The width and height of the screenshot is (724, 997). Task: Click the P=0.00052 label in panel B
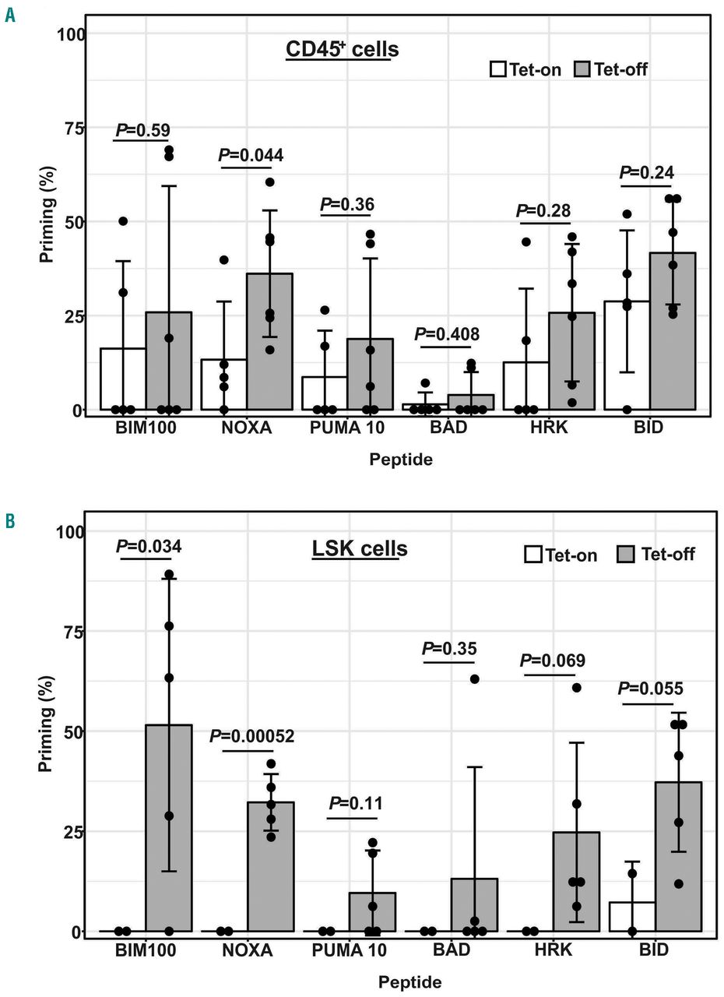(x=261, y=737)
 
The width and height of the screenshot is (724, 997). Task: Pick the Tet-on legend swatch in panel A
(x=498, y=69)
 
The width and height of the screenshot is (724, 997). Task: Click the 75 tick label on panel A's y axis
(x=74, y=129)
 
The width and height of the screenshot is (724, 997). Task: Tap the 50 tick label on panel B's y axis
(x=74, y=732)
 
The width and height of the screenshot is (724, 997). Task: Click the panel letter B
(x=10, y=520)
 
